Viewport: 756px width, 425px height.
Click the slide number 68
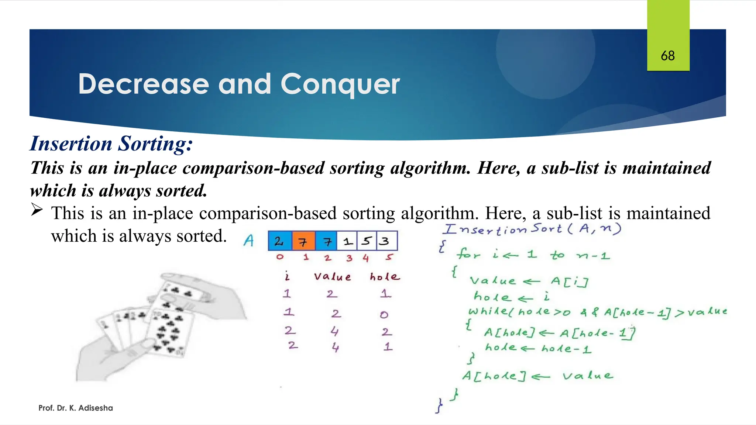668,56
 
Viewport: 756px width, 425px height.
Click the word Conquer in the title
340,84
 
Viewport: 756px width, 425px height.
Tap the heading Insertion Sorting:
111,144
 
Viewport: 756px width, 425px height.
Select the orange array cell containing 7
303,241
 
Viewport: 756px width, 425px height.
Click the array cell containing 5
366,241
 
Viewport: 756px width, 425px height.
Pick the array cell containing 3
386,241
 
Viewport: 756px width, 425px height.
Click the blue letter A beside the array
249,241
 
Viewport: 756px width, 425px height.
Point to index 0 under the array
280,257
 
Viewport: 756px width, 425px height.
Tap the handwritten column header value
332,277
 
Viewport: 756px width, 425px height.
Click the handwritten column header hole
385,277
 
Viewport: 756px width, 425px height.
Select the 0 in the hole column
384,315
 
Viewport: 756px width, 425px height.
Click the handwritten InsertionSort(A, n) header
532,229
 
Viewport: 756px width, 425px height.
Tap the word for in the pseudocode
468,254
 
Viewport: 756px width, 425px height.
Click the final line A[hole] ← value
537,376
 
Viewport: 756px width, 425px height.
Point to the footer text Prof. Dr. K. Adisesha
76,408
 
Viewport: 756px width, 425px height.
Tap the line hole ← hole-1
538,348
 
